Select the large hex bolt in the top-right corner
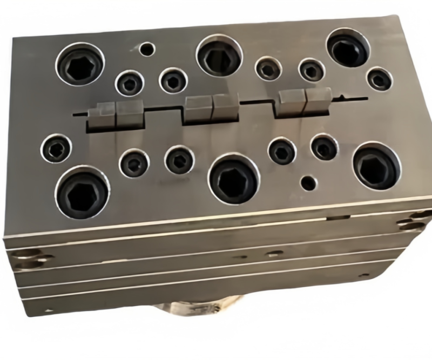click(x=348, y=49)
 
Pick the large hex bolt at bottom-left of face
click(x=82, y=192)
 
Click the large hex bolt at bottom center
click(x=234, y=178)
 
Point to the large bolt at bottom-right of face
click(x=376, y=165)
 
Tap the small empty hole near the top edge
click(x=146, y=50)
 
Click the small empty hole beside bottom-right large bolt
click(x=308, y=182)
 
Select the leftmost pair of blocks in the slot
click(x=115, y=114)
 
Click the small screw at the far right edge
click(x=379, y=79)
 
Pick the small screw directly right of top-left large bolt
click(x=130, y=84)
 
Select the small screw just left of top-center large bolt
click(x=173, y=81)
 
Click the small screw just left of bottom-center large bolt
click(x=179, y=159)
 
